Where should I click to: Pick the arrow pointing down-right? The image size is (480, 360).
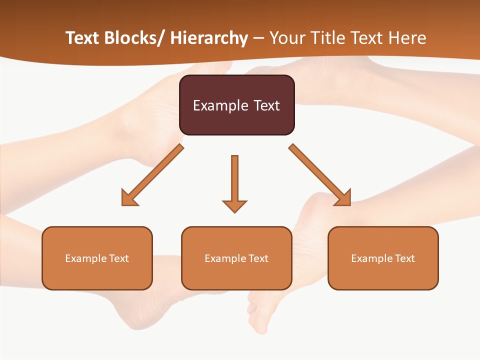click(x=320, y=175)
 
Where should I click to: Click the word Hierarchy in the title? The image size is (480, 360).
click(x=208, y=38)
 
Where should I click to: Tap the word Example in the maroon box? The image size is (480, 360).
click(x=220, y=105)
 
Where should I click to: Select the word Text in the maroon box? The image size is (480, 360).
click(x=265, y=105)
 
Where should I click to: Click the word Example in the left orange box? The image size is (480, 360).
click(x=85, y=258)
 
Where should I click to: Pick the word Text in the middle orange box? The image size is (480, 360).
click(x=257, y=258)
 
